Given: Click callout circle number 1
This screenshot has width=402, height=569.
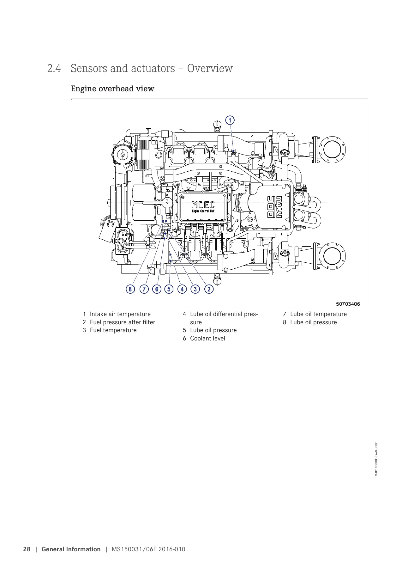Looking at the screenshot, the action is pyautogui.click(x=230, y=120).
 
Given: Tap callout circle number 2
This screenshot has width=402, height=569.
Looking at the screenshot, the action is pyautogui.click(x=209, y=289).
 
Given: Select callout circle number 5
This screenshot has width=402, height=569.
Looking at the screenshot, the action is pyautogui.click(x=169, y=289).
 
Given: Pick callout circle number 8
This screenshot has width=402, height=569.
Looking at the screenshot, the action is pyautogui.click(x=129, y=289).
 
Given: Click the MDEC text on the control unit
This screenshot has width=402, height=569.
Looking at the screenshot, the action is pyautogui.click(x=203, y=205).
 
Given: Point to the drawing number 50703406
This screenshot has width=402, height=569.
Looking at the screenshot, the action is pyautogui.click(x=348, y=304).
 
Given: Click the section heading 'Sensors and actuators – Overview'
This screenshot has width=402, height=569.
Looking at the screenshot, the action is pyautogui.click(x=152, y=68).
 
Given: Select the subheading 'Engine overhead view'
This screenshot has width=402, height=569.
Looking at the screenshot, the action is pyautogui.click(x=112, y=89).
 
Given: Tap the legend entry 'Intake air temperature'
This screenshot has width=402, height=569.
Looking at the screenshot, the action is pyautogui.click(x=120, y=314).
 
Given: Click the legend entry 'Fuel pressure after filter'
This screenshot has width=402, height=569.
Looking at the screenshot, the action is pyautogui.click(x=123, y=322).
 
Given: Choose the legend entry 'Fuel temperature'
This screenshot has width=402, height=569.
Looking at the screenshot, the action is pyautogui.click(x=113, y=330).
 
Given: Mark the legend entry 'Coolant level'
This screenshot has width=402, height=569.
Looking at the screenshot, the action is pyautogui.click(x=207, y=339).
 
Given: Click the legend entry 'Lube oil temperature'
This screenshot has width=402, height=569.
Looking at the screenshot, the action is pyautogui.click(x=318, y=314).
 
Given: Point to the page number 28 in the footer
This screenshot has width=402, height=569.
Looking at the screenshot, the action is pyautogui.click(x=27, y=549).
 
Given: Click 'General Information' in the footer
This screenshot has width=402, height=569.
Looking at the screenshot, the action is pyautogui.click(x=71, y=549).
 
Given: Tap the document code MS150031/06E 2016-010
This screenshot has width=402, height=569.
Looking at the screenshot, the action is pyautogui.click(x=149, y=549).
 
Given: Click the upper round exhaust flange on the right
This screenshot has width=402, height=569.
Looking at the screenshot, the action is pyautogui.click(x=332, y=149).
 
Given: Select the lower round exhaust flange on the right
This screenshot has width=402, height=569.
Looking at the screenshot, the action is pyautogui.click(x=332, y=256).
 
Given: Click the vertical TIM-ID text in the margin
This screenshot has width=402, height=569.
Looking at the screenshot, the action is pyautogui.click(x=376, y=460).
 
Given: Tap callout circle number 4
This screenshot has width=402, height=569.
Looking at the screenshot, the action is pyautogui.click(x=182, y=289).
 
